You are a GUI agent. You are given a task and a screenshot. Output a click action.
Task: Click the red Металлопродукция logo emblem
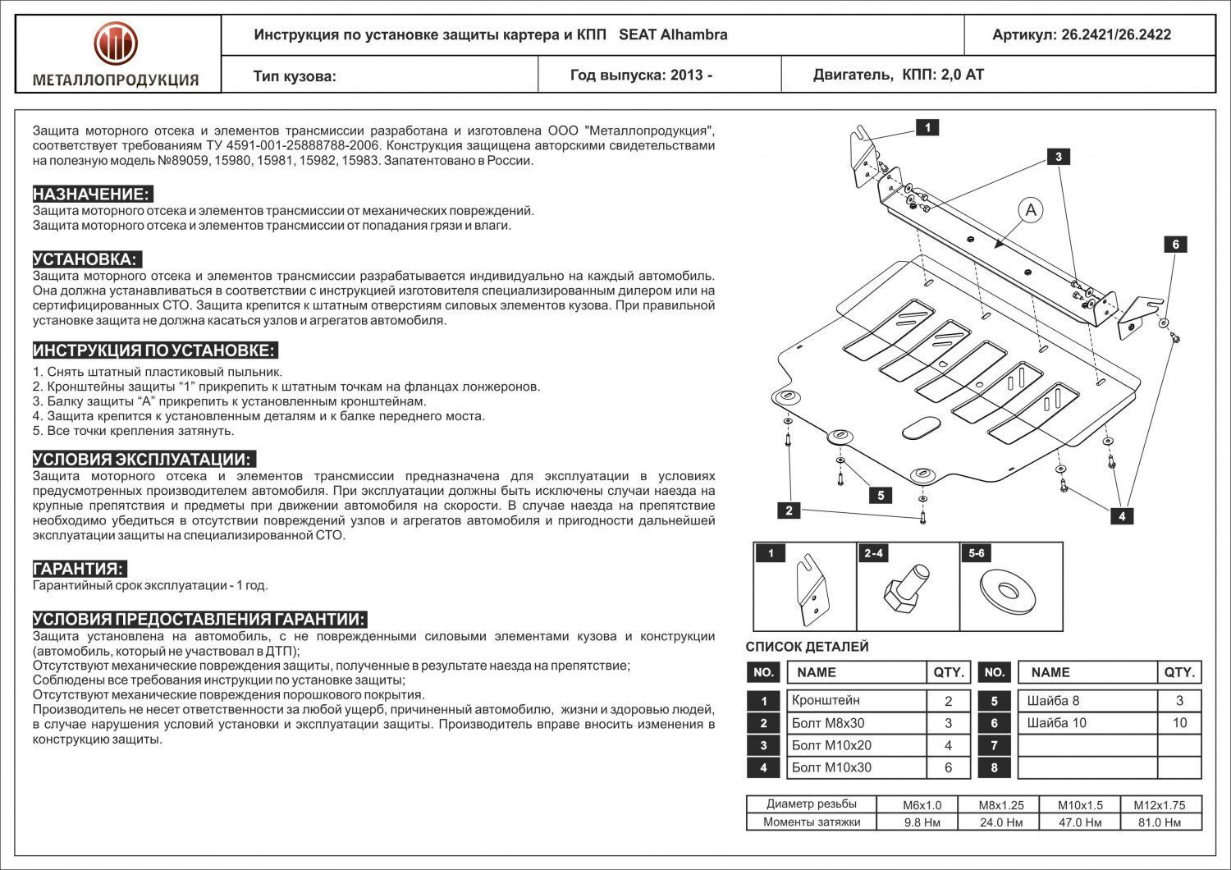(x=115, y=44)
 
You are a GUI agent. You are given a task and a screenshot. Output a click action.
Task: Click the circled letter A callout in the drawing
(x=1031, y=210)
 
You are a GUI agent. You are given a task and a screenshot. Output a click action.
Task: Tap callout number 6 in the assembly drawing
(x=1175, y=245)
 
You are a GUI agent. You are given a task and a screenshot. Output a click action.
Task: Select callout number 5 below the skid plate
(x=881, y=495)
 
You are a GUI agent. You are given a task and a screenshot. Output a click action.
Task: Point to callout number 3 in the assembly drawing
(x=1059, y=157)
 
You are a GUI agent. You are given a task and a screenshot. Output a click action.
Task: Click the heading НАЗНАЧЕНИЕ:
(x=91, y=195)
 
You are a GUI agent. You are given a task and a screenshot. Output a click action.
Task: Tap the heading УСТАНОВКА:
(x=86, y=259)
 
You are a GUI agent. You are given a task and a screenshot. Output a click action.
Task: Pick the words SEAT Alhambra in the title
(x=672, y=34)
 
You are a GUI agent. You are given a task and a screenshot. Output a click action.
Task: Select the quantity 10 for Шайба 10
(x=1179, y=723)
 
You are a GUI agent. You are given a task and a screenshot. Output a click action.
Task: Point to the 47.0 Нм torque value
(x=1080, y=822)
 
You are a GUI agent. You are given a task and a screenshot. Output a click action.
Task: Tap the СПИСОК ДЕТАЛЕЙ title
(x=807, y=647)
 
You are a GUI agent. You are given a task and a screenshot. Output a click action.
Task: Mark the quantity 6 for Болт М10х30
(x=948, y=767)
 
